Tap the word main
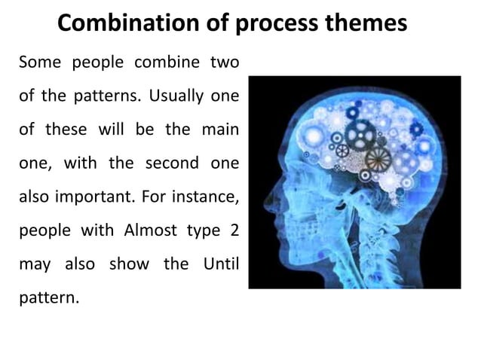(x=219, y=129)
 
